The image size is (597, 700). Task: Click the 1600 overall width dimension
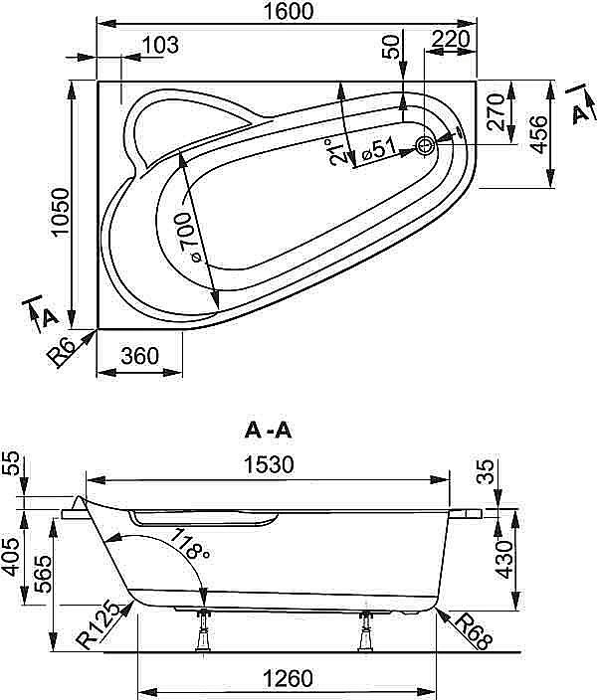click(x=289, y=12)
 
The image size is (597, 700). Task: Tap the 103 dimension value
click(x=159, y=45)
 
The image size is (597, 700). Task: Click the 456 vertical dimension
click(x=538, y=133)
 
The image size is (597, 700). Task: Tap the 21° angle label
click(x=338, y=152)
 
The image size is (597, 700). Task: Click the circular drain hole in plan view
click(x=427, y=146)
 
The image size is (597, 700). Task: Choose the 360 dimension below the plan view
click(x=140, y=356)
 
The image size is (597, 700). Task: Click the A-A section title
click(x=268, y=431)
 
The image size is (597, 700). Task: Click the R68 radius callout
click(x=471, y=629)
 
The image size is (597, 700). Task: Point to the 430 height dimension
click(x=503, y=559)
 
